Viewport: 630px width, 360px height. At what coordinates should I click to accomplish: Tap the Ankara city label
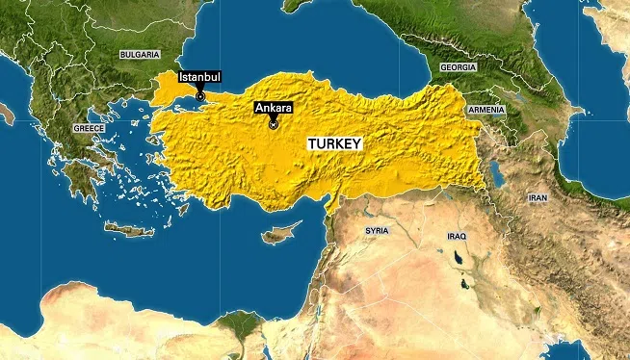[272, 109]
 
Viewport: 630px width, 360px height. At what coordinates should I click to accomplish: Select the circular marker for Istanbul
[200, 95]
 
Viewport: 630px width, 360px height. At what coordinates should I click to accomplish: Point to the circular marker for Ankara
[273, 124]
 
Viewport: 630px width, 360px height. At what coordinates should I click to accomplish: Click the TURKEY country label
[334, 143]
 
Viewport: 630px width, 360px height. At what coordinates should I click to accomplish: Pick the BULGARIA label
[139, 56]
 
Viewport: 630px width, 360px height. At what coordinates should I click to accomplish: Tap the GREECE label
[90, 127]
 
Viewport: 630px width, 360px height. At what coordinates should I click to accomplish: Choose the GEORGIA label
[458, 68]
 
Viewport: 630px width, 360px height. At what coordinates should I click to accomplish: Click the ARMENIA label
[486, 111]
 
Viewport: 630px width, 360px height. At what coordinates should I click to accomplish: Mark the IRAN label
[538, 196]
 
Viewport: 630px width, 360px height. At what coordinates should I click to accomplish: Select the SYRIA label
[377, 232]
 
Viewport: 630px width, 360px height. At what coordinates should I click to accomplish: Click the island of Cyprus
[280, 234]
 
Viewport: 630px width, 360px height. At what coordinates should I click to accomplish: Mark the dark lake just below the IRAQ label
[454, 258]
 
